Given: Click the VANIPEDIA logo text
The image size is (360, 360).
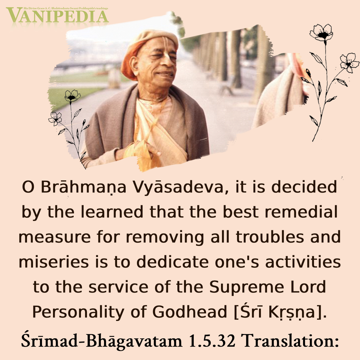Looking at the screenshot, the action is tap(57, 15).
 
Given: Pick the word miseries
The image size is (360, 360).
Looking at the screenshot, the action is tap(54, 262).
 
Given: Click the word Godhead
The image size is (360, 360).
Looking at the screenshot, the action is tap(190, 312).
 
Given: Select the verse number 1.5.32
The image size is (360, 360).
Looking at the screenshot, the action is tap(212, 340).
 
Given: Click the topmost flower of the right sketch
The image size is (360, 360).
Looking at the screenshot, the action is tap(321, 33).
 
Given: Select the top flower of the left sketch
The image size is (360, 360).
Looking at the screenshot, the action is tap(72, 96).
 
